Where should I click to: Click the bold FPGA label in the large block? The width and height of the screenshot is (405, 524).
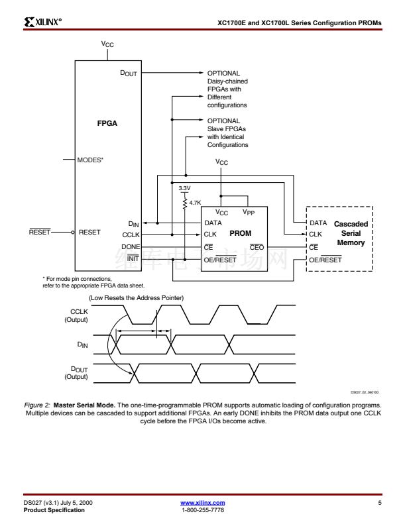(107, 123)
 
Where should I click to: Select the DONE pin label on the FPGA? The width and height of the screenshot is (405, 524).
(130, 246)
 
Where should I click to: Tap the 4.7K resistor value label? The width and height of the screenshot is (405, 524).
(195, 203)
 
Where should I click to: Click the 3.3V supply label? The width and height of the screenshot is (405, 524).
(185, 188)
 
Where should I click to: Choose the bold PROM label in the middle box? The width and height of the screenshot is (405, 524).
(240, 233)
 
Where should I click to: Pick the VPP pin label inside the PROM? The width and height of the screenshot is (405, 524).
(249, 213)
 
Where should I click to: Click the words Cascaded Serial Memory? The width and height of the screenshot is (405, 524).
(351, 233)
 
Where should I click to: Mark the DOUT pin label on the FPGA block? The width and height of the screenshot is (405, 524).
(128, 74)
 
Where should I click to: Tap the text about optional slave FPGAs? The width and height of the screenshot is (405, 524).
(227, 132)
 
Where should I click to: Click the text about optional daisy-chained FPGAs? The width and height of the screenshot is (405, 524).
(227, 89)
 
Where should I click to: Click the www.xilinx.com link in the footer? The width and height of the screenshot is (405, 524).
(202, 503)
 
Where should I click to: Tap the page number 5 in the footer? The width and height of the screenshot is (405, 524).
(380, 503)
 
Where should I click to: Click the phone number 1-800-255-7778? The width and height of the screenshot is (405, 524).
(202, 509)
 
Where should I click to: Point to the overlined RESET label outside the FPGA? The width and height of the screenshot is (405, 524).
(40, 233)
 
